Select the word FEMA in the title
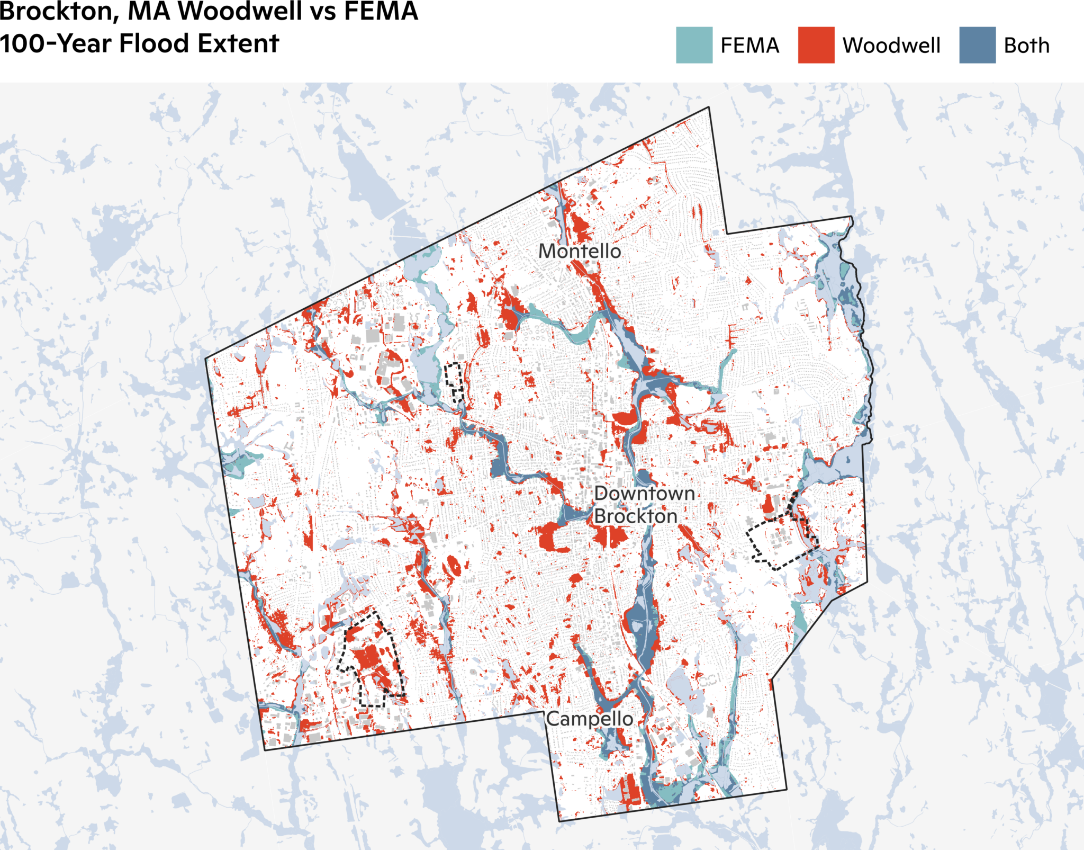click(381, 12)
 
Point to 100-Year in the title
click(56, 43)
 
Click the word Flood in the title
click(153, 43)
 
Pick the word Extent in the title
click(238, 43)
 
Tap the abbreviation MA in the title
click(149, 12)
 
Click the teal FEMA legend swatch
click(694, 45)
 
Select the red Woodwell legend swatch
click(816, 45)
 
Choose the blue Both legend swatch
click(977, 45)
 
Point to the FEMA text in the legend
click(750, 46)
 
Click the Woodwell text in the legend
click(891, 46)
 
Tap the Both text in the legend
click(1026, 46)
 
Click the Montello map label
click(580, 251)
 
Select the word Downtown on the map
click(644, 493)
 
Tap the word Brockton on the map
click(635, 516)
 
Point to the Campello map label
click(590, 719)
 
